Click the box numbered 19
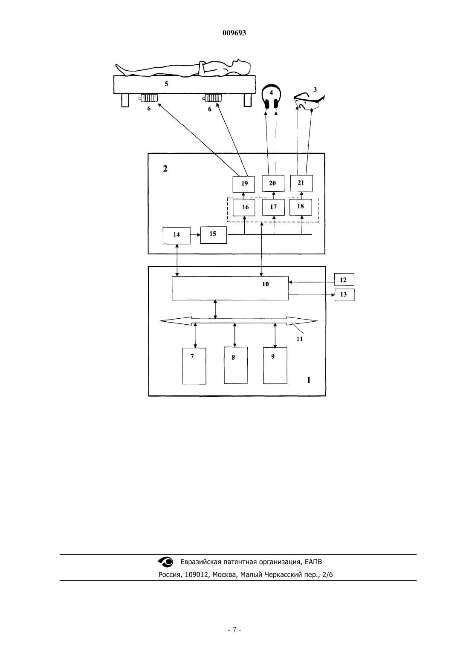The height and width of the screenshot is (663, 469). tap(244, 184)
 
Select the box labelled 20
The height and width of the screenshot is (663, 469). tap(273, 183)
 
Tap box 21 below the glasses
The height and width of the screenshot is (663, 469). tap(301, 183)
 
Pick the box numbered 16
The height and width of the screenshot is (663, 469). tap(244, 208)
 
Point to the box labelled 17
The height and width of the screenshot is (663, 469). tap(273, 207)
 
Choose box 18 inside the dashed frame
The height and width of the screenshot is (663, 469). tap(301, 207)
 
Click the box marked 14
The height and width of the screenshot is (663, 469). tap(177, 236)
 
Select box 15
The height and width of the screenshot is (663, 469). tap(214, 235)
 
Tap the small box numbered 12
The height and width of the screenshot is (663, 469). tap(344, 280)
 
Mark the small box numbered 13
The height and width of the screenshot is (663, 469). tap(345, 295)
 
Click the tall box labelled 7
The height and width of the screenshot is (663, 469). tap(194, 366)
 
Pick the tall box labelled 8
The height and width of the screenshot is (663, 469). tap(236, 365)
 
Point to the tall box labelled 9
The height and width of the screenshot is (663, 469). tap(275, 365)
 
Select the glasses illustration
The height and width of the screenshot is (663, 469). tap(310, 101)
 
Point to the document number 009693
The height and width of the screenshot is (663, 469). tap(234, 33)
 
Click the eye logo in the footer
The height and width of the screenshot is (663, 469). tap(165, 562)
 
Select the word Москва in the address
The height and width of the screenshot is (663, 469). tap(225, 574)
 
